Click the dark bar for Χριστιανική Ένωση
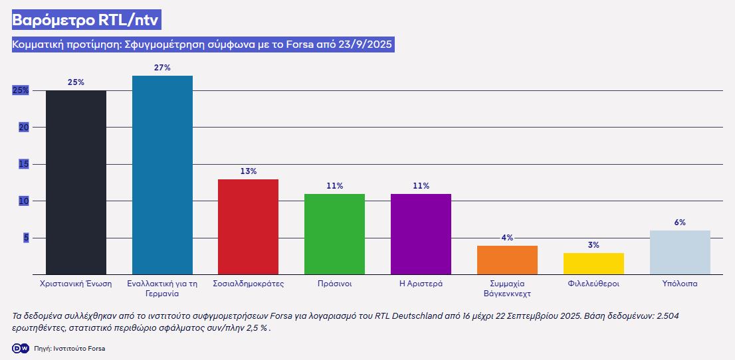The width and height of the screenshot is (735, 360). tap(76, 182)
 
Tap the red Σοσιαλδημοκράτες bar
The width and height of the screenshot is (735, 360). tap(248, 226)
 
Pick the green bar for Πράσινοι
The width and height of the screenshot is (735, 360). tap(334, 234)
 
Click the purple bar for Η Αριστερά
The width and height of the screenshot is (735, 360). tap(421, 234)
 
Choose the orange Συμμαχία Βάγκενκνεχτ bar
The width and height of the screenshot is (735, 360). tap(507, 260)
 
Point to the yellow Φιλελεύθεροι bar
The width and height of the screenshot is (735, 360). tap(593, 263)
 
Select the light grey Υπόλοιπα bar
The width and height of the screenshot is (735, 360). tap(680, 252)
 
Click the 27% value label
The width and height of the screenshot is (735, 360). tap(162, 68)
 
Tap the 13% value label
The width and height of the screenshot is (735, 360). tap(249, 171)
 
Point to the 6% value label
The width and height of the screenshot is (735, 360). tap(680, 223)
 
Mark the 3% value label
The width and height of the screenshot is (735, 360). tap(593, 245)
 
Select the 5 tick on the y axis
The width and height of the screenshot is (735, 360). tap(27, 238)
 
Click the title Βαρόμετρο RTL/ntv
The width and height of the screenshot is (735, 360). tap(86, 20)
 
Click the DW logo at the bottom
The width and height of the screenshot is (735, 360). tap(21, 348)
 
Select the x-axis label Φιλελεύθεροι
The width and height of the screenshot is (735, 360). tap(593, 284)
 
